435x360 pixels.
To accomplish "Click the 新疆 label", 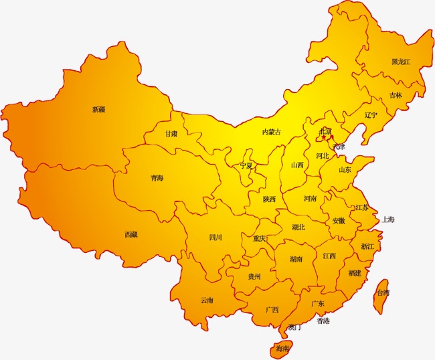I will [98, 109].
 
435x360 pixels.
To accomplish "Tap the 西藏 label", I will [131, 234].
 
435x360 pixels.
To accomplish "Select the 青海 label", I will [157, 179].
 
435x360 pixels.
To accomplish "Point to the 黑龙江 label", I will [401, 62].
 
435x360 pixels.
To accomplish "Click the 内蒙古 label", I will [272, 132].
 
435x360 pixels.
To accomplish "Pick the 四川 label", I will [215, 237].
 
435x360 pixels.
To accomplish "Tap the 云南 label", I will [207, 300].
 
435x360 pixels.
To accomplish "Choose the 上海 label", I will [389, 219].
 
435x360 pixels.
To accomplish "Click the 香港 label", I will [323, 321].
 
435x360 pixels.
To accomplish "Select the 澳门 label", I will [294, 327].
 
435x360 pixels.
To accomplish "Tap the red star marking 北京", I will [321, 139].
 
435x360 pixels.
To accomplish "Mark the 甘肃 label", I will [172, 134].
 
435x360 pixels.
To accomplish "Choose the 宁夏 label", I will [247, 165].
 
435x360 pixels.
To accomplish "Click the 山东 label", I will [345, 170].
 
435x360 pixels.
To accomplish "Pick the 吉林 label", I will [396, 95].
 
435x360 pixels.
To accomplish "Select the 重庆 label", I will [260, 238].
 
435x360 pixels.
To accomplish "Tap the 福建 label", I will [354, 273].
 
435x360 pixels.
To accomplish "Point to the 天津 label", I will [339, 147].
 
